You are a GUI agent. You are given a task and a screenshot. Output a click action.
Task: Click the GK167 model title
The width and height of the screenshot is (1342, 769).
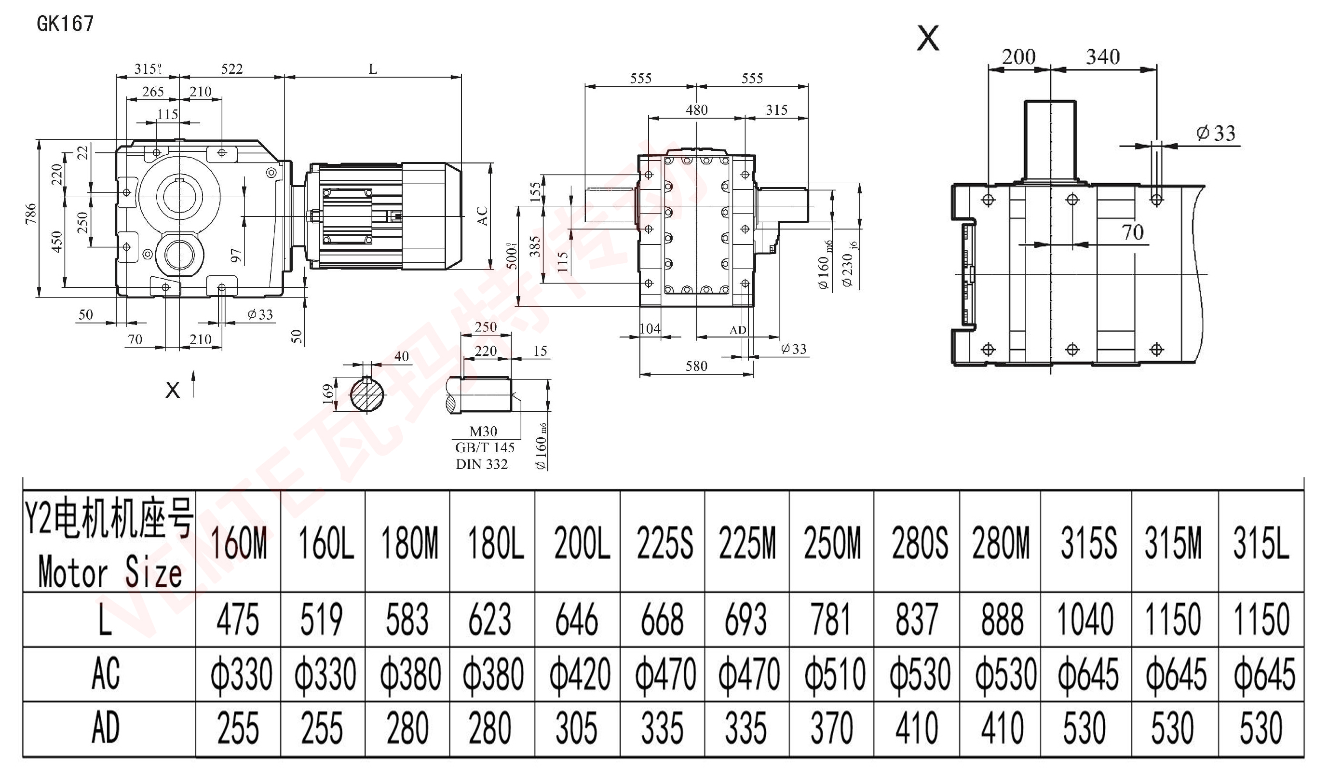point(65,24)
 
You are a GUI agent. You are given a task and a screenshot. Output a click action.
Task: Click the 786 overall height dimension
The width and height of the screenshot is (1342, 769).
point(31,214)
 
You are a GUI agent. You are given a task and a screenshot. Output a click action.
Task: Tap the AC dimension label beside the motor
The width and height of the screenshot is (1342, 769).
point(482,216)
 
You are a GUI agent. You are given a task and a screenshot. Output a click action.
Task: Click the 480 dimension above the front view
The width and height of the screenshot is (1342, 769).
point(697,110)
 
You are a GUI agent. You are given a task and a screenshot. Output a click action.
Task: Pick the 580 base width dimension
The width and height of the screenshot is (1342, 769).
point(696,366)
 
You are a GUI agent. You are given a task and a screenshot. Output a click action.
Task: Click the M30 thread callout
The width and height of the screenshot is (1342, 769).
point(483,432)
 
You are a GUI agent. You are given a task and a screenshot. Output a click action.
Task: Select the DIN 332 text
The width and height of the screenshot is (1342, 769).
point(481,464)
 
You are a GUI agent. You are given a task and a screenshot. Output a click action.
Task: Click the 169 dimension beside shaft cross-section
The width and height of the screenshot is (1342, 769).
point(328,394)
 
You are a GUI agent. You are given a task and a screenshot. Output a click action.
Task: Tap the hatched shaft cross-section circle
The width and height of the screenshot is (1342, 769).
point(367,394)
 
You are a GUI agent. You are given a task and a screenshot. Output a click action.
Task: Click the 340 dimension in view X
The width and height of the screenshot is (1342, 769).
point(1103,57)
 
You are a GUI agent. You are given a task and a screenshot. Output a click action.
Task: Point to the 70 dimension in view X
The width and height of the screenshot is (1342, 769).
point(1132,232)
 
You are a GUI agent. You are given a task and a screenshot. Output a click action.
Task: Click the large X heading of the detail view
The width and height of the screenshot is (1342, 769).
point(928,39)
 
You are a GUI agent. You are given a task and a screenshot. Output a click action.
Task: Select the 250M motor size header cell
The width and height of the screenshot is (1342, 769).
point(832,542)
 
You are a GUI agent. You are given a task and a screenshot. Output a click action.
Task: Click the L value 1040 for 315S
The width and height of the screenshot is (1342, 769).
point(1085,619)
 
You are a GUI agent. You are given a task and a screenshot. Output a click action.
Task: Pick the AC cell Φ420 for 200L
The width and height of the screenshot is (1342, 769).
point(580,675)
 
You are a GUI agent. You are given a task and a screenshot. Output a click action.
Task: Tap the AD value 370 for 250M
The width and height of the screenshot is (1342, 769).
point(832,729)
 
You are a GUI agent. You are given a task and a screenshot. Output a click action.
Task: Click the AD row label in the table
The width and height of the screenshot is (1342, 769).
point(106,729)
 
